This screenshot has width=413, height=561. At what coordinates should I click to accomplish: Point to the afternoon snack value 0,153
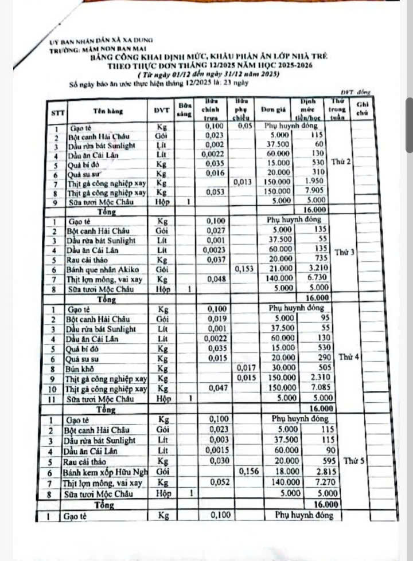(244, 268)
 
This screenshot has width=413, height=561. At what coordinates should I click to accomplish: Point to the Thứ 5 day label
(354, 460)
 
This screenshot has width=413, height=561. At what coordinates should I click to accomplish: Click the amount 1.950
(316, 181)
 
